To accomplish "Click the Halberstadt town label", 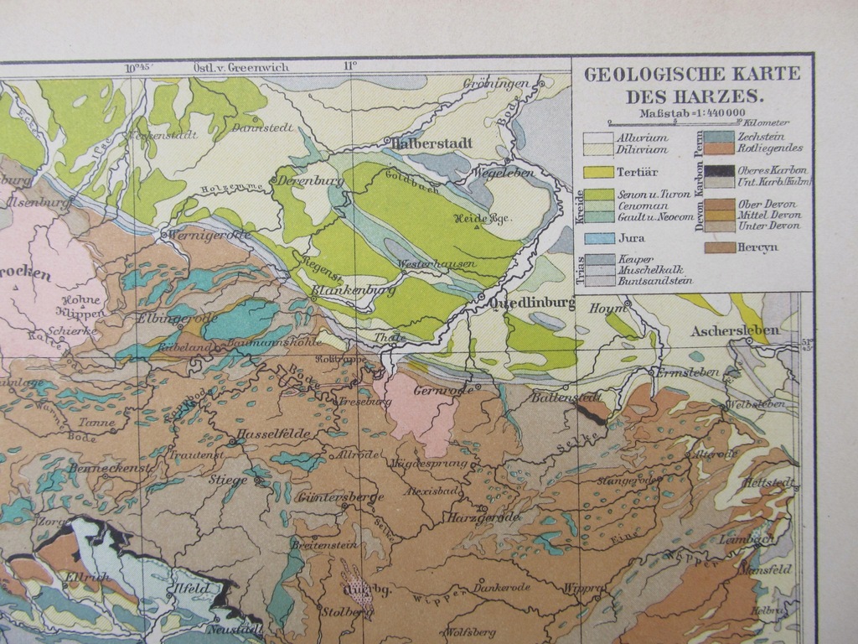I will click(x=432, y=143).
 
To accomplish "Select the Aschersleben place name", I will click(x=735, y=330).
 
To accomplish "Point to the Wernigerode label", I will click(x=209, y=236).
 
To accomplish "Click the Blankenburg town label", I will click(x=353, y=291).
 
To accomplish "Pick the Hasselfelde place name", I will click(x=274, y=434).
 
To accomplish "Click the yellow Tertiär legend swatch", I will click(x=597, y=173).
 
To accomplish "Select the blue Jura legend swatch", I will click(x=597, y=238).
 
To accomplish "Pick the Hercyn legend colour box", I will click(x=718, y=247).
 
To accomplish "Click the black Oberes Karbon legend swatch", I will click(x=718, y=170).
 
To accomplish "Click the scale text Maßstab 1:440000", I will click(x=691, y=113).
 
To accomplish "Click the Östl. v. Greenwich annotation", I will click(x=230, y=66).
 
